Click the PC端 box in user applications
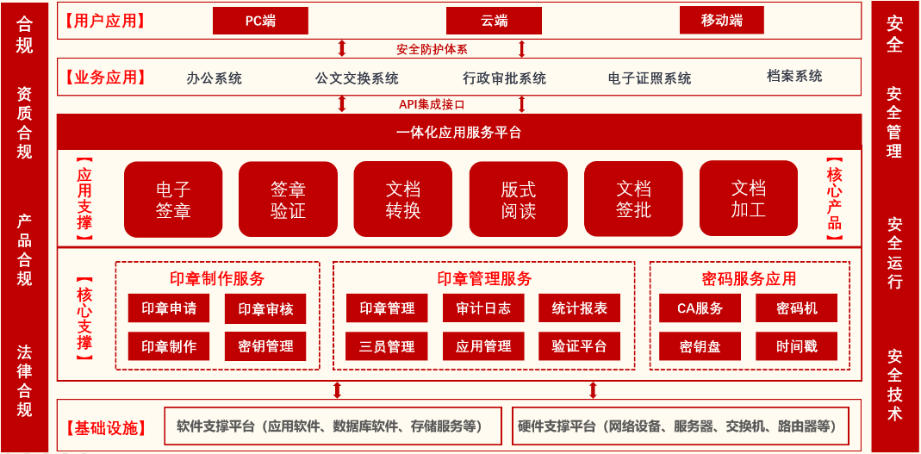260,22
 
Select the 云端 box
494,22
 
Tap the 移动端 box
722,21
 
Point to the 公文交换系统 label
357,78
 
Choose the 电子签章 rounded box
173,200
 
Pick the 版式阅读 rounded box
519,200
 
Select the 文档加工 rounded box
749,198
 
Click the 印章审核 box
265,309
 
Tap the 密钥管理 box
265,346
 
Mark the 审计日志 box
483,308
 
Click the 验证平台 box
579,346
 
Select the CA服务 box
700,308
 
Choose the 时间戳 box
796,346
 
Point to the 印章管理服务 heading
484,277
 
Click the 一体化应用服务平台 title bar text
458,133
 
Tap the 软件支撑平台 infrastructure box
333,426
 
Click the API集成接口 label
432,104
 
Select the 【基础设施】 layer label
106,427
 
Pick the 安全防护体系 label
432,49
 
